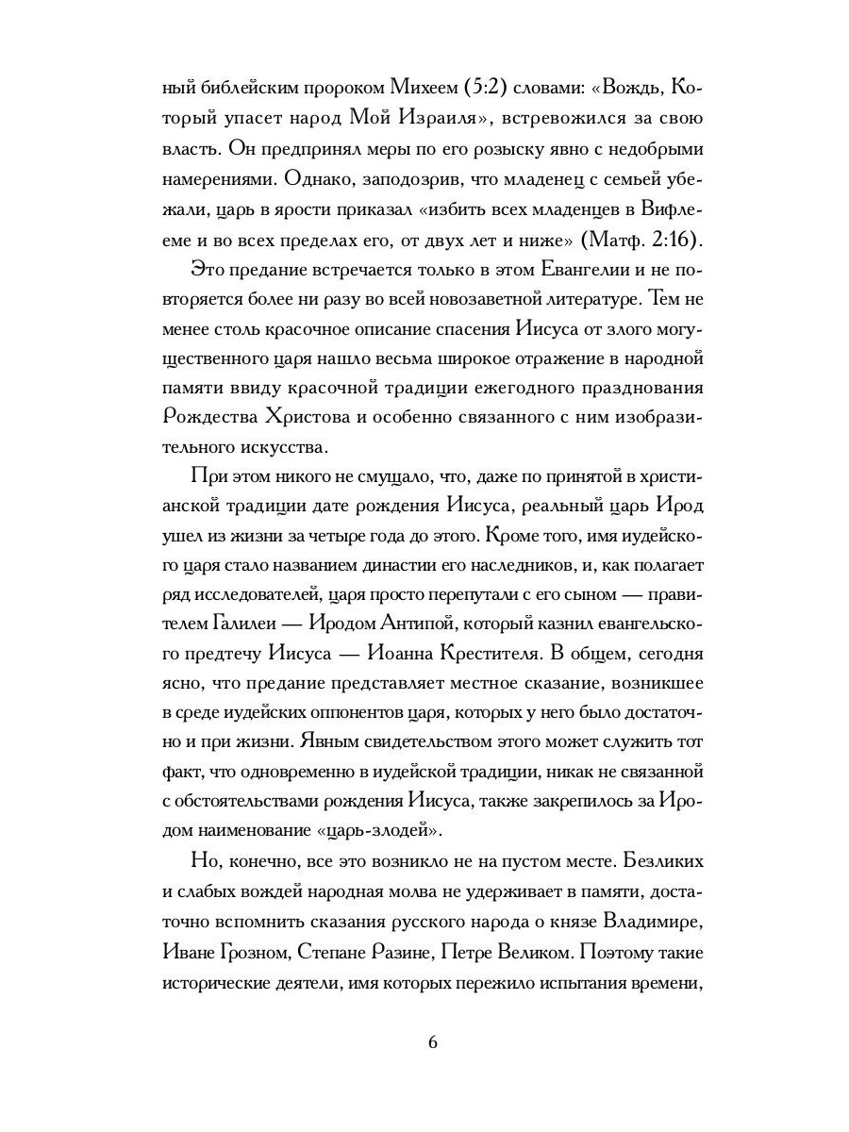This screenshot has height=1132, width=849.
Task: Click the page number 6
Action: (x=432, y=1041)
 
